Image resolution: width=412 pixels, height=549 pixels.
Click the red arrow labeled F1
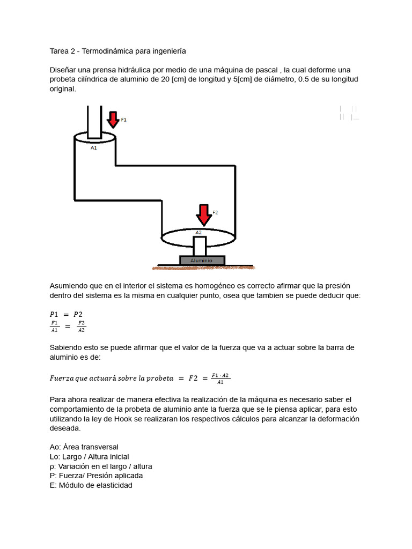pyautogui.click(x=113, y=119)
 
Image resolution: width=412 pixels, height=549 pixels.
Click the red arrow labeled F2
pyautogui.click(x=203, y=215)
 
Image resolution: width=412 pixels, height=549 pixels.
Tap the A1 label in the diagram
pyautogui.click(x=93, y=147)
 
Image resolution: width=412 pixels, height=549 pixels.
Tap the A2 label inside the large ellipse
pyautogui.click(x=198, y=233)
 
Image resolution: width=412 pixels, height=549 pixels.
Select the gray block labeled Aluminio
pyautogui.click(x=202, y=261)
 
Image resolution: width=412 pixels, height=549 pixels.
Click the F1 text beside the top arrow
pyautogui.click(x=124, y=120)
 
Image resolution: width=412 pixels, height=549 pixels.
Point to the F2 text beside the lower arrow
pyautogui.click(x=215, y=213)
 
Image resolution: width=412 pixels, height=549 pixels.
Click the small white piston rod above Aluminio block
pyautogui.click(x=200, y=247)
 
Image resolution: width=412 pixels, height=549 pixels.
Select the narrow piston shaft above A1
pyautogui.click(x=94, y=121)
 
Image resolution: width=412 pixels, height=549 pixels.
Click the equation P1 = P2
pyautogui.click(x=66, y=315)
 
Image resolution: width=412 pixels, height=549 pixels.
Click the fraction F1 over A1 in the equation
pyautogui.click(x=55, y=326)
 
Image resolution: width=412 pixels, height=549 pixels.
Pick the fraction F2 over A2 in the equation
pyautogui.click(x=81, y=326)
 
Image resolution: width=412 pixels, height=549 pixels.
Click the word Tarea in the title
pyautogui.click(x=60, y=51)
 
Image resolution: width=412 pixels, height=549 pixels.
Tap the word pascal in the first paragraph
pyautogui.click(x=267, y=70)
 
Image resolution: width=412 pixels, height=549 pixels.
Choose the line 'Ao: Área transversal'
pyautogui.click(x=84, y=447)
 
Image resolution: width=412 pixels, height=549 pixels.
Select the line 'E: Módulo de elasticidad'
pyautogui.click(x=91, y=485)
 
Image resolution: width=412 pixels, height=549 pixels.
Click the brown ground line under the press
pyautogui.click(x=204, y=266)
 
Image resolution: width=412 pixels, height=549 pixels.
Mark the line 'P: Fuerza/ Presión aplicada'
pyautogui.click(x=96, y=476)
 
